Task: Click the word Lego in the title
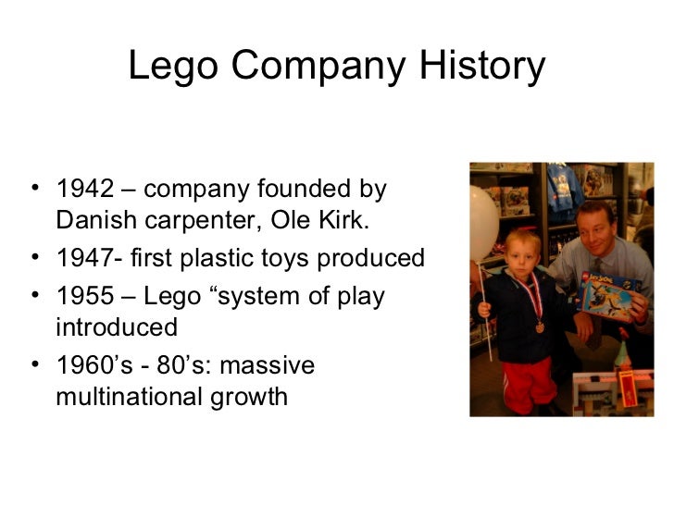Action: (171, 68)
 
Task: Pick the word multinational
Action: (138, 398)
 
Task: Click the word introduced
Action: (117, 328)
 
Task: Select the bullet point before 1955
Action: (34, 298)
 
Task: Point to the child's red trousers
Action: (529, 382)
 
